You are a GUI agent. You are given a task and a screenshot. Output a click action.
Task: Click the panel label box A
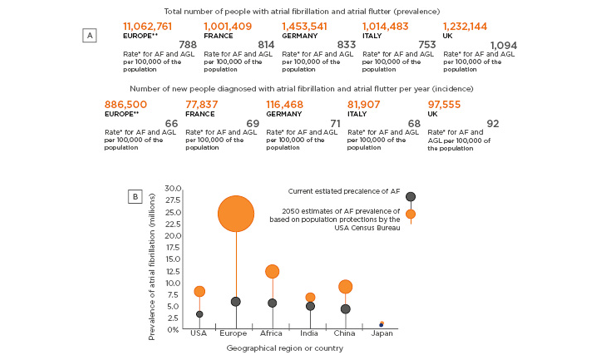89,36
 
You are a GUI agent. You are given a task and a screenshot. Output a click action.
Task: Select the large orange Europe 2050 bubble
236,213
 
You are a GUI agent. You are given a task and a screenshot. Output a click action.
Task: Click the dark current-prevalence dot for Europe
236,301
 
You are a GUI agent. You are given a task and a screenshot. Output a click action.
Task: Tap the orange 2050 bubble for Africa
272,271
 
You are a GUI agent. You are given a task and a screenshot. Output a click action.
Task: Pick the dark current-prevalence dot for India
310,306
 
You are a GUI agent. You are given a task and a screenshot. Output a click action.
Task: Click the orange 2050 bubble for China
345,287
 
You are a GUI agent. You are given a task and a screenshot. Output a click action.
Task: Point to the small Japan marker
381,324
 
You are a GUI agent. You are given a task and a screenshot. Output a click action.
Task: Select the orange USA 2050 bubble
200,291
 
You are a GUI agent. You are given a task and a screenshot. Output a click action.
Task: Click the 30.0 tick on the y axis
172,189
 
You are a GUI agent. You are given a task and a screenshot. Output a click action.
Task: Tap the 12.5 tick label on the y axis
172,271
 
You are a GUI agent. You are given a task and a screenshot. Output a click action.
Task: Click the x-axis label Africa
271,333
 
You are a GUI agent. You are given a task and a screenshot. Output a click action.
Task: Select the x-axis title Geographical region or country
284,348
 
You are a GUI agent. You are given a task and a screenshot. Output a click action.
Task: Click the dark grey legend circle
410,197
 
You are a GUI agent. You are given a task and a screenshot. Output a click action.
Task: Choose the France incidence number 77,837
203,104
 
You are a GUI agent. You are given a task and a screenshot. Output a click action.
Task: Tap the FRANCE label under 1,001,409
218,36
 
